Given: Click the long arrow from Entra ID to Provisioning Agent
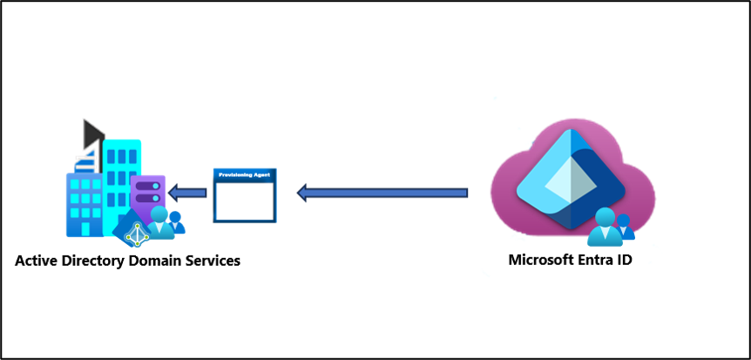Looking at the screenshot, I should [x=383, y=192].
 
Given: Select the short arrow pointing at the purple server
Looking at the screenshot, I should [x=186, y=192].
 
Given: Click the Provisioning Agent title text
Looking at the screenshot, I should [x=244, y=175].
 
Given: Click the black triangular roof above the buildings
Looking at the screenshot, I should [x=92, y=132].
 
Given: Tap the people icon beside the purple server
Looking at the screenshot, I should [x=165, y=221].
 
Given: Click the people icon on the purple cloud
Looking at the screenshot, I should [x=611, y=226].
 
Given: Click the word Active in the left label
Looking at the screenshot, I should [x=37, y=261].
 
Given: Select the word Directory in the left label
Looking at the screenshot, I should [x=94, y=261].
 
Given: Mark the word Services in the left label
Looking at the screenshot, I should [x=212, y=261].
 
